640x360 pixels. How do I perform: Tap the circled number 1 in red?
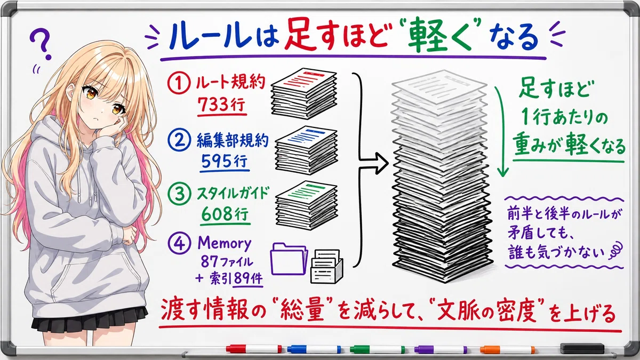[179, 83]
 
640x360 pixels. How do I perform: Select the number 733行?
[222, 105]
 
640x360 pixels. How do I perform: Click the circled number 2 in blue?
[179, 139]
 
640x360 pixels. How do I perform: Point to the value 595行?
[225, 161]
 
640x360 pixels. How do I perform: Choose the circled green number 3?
[179, 193]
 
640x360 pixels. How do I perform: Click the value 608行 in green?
[225, 214]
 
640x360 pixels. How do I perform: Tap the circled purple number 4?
[179, 243]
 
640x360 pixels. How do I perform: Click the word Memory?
[225, 243]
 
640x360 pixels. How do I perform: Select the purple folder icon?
[289, 259]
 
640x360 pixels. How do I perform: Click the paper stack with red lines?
[303, 93]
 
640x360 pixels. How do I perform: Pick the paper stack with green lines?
[306, 205]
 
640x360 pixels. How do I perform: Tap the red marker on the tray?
[253, 349]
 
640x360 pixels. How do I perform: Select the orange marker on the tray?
[507, 350]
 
